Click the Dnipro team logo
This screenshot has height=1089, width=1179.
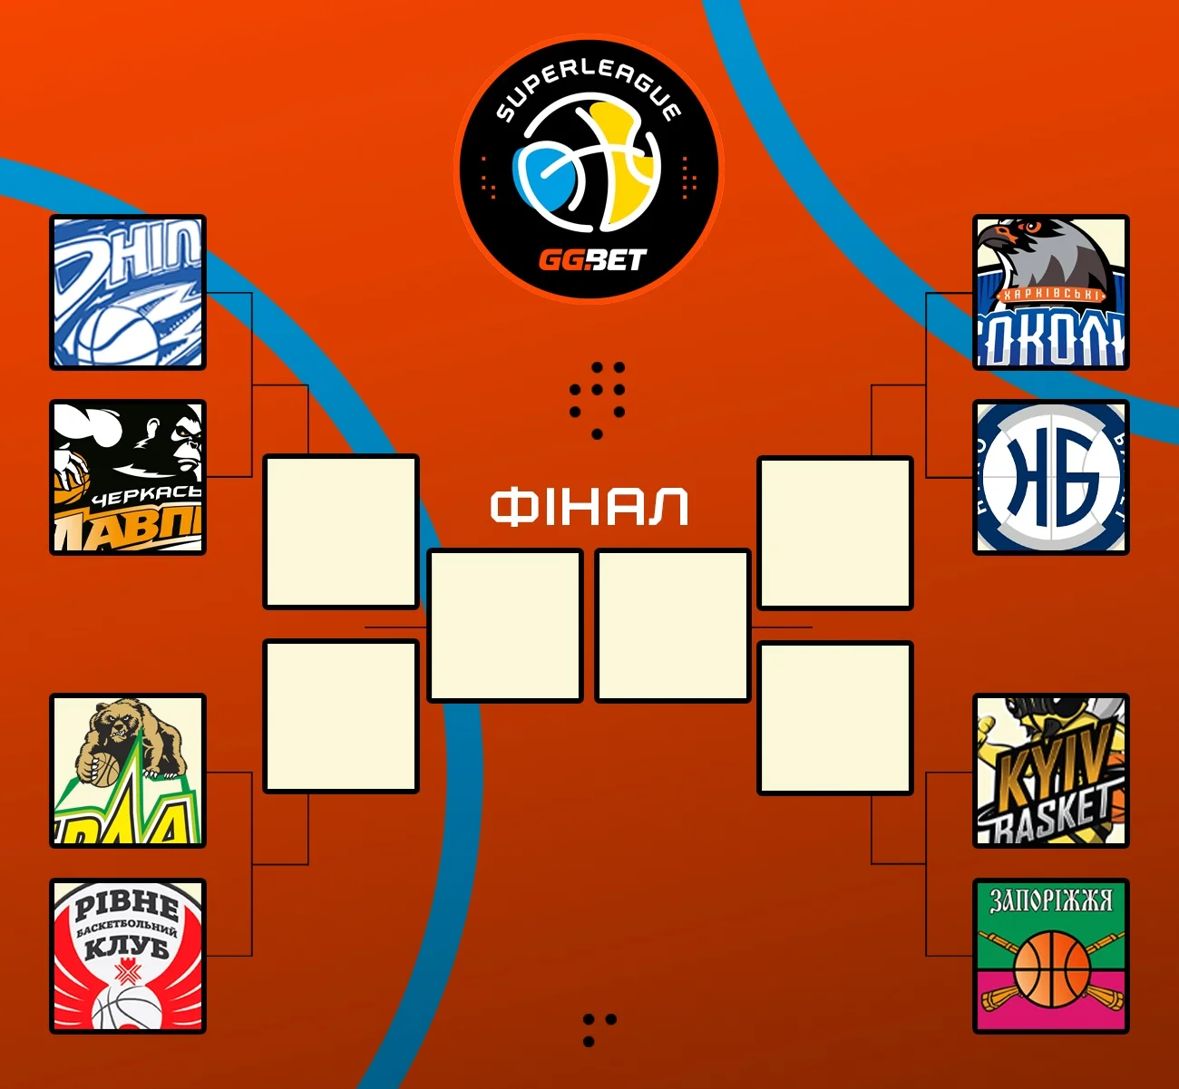(x=128, y=293)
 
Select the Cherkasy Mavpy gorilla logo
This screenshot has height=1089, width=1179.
(x=128, y=477)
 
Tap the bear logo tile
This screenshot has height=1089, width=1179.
(x=128, y=772)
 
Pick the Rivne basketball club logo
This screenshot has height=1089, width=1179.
(x=128, y=956)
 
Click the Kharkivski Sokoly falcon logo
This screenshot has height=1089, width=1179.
(x=1051, y=293)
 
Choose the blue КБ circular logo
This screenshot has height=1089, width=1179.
(x=1051, y=477)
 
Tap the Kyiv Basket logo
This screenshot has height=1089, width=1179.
(x=1051, y=772)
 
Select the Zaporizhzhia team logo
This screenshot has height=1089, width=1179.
(x=1051, y=956)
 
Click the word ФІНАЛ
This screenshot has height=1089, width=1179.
(x=589, y=507)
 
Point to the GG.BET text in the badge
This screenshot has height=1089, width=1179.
(x=591, y=261)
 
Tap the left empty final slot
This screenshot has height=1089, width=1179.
(x=505, y=626)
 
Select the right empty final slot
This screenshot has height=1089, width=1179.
(x=673, y=626)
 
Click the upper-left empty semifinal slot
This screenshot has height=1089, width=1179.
(x=341, y=532)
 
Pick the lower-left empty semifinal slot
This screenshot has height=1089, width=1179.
(x=341, y=716)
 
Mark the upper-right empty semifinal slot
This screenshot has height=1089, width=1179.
(x=835, y=533)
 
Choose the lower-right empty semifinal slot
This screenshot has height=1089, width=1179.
(x=835, y=718)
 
